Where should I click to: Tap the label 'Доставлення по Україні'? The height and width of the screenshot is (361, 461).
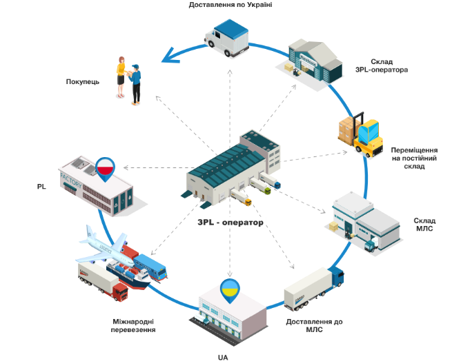pyautogui.click(x=230, y=5)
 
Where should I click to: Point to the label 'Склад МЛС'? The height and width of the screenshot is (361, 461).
pyautogui.click(x=424, y=225)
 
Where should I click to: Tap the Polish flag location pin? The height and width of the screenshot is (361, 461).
pyautogui.click(x=105, y=167)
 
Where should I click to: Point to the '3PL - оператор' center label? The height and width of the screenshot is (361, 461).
pyautogui.click(x=230, y=223)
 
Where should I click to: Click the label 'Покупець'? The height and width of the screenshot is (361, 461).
pyautogui.click(x=83, y=81)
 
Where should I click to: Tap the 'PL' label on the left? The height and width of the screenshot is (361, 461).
pyautogui.click(x=41, y=186)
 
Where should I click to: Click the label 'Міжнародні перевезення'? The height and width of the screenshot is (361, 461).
pyautogui.click(x=134, y=325)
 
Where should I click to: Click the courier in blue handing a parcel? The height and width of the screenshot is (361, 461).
pyautogui.click(x=135, y=83)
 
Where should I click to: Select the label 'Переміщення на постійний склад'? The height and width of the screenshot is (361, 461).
pyautogui.click(x=413, y=158)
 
